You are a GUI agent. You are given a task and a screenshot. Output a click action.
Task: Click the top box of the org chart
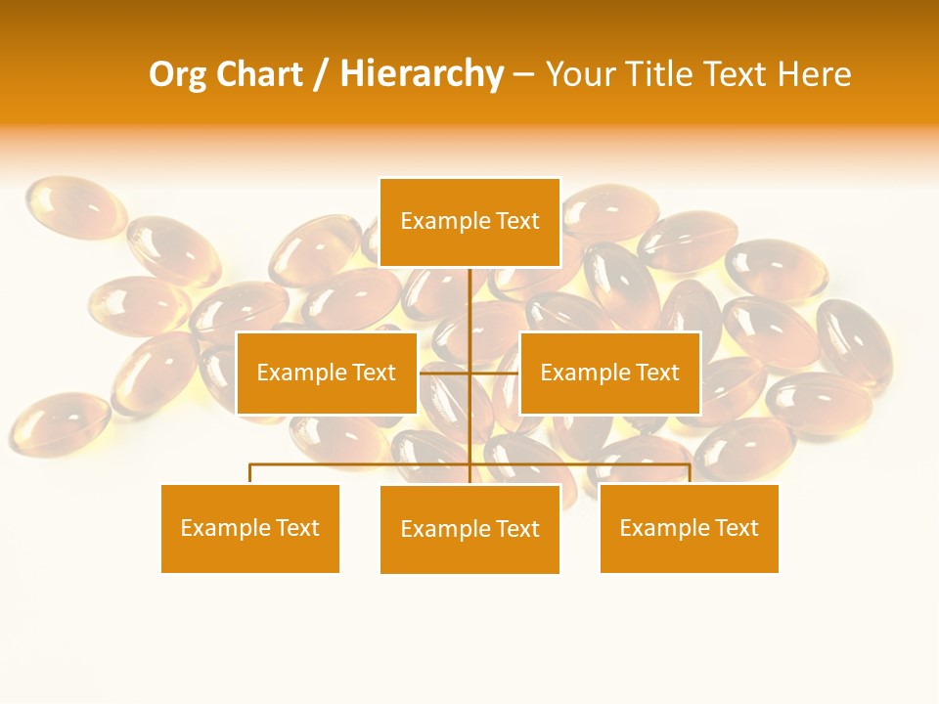(x=469, y=222)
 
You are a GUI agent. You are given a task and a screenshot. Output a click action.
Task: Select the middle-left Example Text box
(x=326, y=373)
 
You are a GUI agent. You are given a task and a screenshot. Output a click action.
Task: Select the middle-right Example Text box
(x=609, y=373)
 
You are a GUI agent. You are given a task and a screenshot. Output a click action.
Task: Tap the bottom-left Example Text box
(x=249, y=528)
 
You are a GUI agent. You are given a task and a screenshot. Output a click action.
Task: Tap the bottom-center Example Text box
(x=469, y=529)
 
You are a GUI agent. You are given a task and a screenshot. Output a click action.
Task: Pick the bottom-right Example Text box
(x=689, y=528)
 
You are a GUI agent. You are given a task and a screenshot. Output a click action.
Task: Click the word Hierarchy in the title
(x=422, y=74)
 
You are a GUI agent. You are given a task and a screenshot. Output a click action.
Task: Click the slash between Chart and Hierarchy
(x=320, y=75)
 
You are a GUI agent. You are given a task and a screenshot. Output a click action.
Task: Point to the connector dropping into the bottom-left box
(x=249, y=473)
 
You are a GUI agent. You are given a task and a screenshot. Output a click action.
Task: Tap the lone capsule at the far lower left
(x=59, y=422)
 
